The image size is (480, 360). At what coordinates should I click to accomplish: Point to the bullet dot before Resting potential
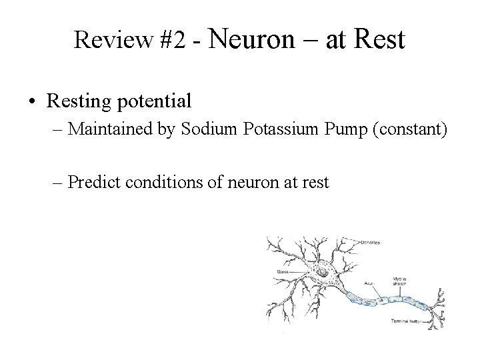[31, 102]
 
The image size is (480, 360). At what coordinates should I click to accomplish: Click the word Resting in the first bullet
[75, 101]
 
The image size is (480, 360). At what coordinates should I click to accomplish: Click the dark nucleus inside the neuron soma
[323, 272]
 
